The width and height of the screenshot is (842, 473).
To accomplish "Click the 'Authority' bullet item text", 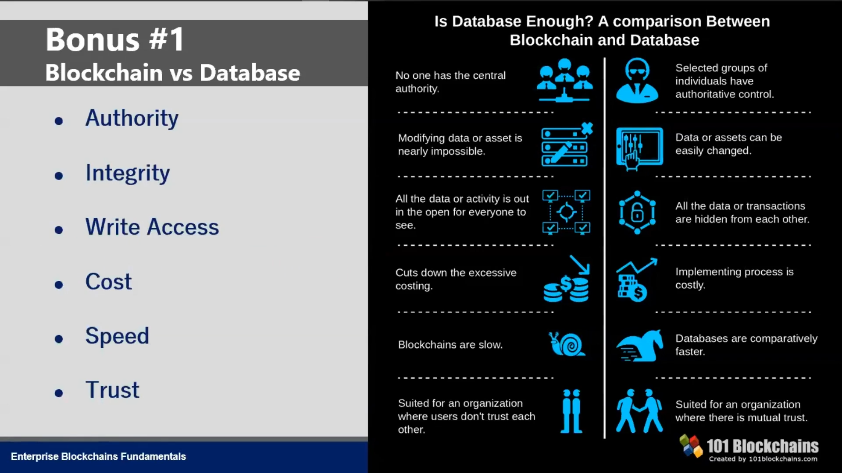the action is point(132,118).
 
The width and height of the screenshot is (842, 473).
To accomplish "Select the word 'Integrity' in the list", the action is point(128,173).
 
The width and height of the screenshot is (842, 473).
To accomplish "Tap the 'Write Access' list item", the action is point(152,227).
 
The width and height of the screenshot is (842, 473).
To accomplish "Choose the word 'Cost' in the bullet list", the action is point(108,281).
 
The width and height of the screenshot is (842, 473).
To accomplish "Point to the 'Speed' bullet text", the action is point(117,336).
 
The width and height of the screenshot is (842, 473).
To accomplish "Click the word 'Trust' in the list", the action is point(112,390).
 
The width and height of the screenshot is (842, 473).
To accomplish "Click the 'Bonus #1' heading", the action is point(115,39).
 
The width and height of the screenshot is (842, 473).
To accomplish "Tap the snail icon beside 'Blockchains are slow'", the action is point(567,344).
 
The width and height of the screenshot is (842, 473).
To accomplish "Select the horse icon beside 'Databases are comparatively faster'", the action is point(640,346).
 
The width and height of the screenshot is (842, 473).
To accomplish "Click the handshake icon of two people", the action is point(639,411).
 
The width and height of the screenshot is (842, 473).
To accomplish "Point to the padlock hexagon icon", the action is point(637,212).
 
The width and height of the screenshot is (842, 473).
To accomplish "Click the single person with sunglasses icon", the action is point(637,81).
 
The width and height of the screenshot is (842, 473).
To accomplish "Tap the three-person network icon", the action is point(565,81).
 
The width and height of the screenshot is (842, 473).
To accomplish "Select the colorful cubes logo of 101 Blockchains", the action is point(691,446).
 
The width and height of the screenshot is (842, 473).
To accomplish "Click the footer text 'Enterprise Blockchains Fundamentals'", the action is point(98,456).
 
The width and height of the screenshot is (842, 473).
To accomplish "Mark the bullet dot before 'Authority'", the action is point(59,121).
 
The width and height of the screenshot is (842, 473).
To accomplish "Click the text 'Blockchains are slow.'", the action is point(450,345).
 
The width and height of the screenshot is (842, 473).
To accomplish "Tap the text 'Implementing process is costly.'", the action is point(735,278).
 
